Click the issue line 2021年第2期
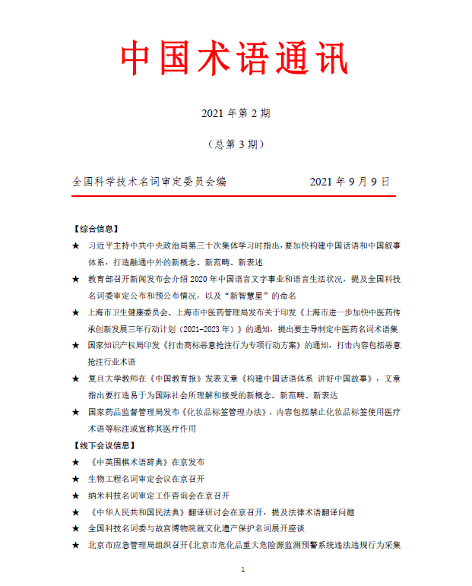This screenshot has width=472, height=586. tap(236, 113)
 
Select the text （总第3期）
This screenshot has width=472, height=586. tap(236, 144)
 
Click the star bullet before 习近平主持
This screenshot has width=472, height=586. tap(75, 246)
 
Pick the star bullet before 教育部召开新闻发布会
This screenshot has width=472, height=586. tap(75, 279)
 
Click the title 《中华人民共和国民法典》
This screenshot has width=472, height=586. tap(144, 512)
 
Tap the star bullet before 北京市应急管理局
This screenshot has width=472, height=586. tap(75, 544)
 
